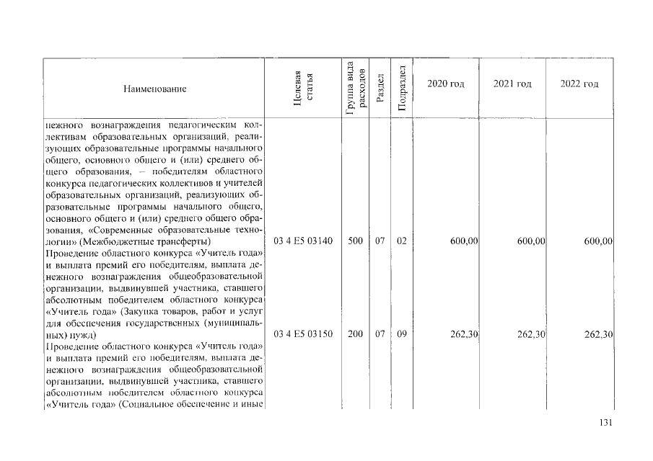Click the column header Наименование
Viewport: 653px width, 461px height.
coord(155,89)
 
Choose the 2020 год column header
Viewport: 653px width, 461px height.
coord(445,84)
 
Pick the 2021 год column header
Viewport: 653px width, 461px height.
coord(512,84)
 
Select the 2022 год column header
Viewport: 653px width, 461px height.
coord(579,84)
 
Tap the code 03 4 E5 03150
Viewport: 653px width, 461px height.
coord(303,335)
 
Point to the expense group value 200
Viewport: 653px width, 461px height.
coord(355,335)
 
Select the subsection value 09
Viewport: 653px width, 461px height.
coord(402,335)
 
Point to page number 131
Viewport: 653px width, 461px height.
coord(605,423)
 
